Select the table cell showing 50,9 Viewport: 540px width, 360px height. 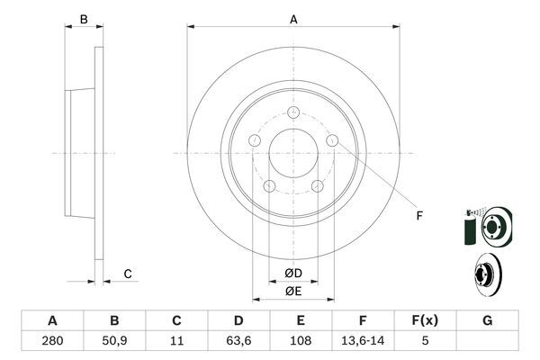click(x=114, y=340)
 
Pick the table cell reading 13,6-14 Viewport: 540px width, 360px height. click(x=363, y=340)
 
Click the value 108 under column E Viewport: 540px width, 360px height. click(x=301, y=340)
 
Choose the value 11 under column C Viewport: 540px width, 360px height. click(x=176, y=340)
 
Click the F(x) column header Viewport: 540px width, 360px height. click(x=426, y=320)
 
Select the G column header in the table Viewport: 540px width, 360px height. click(x=487, y=320)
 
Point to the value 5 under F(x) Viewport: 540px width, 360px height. click(x=426, y=340)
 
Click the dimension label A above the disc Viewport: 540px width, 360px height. click(x=293, y=19)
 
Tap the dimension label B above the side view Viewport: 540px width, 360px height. click(x=83, y=19)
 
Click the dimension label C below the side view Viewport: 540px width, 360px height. click(x=128, y=274)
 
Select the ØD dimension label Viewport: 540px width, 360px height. click(x=293, y=274)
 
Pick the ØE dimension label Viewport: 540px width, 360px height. click(x=293, y=291)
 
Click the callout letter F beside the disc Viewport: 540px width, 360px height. click(x=418, y=216)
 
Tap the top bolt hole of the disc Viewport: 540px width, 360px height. click(x=293, y=112)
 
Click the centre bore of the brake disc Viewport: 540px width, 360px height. click(x=293, y=153)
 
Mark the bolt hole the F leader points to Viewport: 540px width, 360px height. click(x=332, y=140)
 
